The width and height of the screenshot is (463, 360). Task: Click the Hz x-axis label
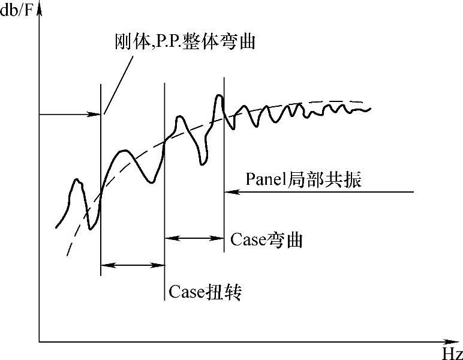452,352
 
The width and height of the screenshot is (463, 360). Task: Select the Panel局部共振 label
303,179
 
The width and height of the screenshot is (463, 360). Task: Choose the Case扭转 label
205,292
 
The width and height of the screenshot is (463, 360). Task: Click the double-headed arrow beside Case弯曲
194,238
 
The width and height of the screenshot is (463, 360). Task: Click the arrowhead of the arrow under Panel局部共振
228,192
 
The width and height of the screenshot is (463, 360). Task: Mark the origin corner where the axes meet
40,342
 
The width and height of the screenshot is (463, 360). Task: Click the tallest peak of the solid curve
219,95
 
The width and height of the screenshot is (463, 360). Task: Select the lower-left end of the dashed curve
67,255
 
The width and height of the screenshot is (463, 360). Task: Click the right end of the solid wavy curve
370,109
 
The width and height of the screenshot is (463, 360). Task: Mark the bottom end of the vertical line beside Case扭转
164,299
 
